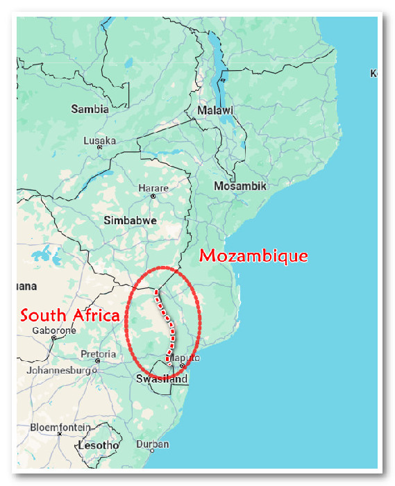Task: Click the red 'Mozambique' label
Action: click(253, 255)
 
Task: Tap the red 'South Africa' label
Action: click(69, 315)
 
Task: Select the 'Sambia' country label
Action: click(90, 109)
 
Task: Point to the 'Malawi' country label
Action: click(215, 110)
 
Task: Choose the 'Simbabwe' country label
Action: click(130, 220)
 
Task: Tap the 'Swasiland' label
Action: click(162, 379)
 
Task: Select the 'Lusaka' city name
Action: click(100, 140)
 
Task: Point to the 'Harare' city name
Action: click(153, 188)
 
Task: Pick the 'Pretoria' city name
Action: click(98, 354)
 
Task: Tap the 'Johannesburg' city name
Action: click(59, 370)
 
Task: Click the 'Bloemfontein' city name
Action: click(60, 427)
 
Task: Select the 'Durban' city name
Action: click(153, 444)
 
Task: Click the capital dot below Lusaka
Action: click(100, 147)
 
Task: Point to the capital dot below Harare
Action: click(153, 196)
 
